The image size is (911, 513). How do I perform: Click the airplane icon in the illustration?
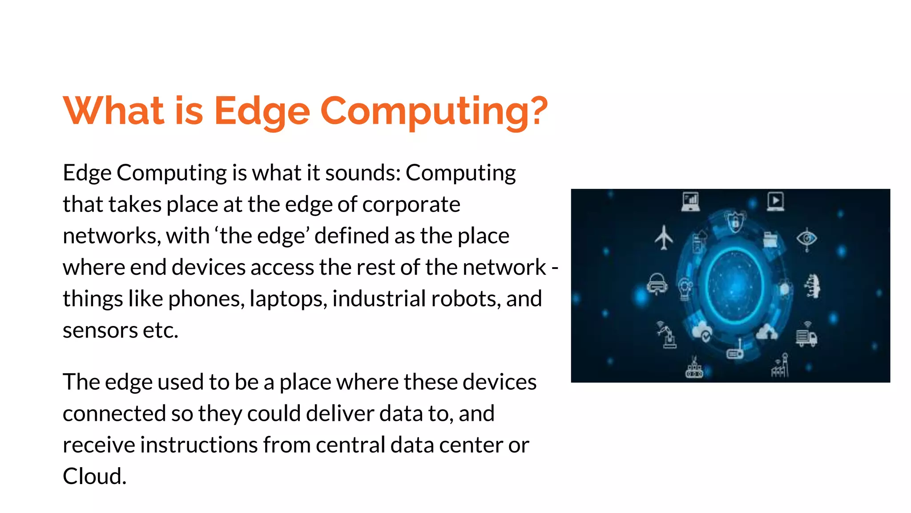click(664, 237)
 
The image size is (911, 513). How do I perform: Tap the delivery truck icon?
click(806, 338)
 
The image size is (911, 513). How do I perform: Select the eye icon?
click(806, 239)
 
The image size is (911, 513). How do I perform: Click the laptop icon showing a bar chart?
click(690, 201)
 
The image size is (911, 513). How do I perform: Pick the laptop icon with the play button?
click(775, 201)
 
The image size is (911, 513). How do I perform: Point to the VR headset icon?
click(657, 284)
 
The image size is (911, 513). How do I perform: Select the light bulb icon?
click(685, 289)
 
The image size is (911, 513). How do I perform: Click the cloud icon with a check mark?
click(702, 332)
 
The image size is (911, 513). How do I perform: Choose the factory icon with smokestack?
click(780, 366)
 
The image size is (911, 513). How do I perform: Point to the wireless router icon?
click(735, 352)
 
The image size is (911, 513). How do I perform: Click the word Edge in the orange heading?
click(262, 111)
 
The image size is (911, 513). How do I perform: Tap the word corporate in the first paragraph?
click(411, 204)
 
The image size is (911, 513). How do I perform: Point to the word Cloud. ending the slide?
click(94, 476)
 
